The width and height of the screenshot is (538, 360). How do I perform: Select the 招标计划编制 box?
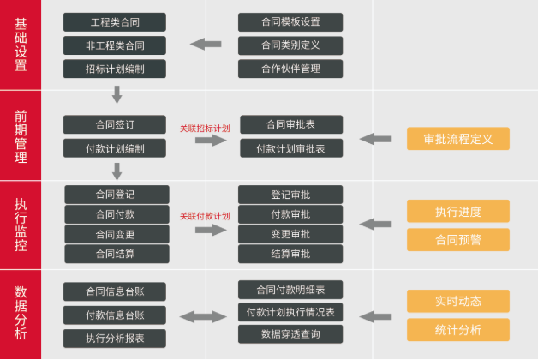[x=115, y=69]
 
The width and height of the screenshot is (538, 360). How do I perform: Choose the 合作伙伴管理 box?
[x=290, y=69]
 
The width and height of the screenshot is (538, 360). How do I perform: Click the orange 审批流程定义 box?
[x=457, y=139]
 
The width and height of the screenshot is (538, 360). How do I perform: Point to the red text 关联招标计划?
[x=205, y=128]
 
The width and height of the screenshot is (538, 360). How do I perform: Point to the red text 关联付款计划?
[x=205, y=216]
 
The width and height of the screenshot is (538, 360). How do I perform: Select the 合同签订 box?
[x=115, y=124]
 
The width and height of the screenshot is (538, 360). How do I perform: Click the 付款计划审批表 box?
[x=290, y=148]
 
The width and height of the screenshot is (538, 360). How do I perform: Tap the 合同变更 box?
[x=115, y=233]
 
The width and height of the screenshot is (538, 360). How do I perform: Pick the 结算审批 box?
[x=290, y=254]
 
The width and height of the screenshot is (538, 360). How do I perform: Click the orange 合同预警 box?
[x=457, y=239]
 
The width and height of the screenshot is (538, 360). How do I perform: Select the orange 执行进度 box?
[x=457, y=211]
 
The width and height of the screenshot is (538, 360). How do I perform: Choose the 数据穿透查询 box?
[x=290, y=333]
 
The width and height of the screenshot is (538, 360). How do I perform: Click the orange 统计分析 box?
[x=457, y=330]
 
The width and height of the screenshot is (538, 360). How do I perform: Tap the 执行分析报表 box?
[x=115, y=338]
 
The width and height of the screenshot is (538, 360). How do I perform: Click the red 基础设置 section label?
[x=21, y=45]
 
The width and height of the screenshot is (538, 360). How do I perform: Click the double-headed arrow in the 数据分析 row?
[x=202, y=316]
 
